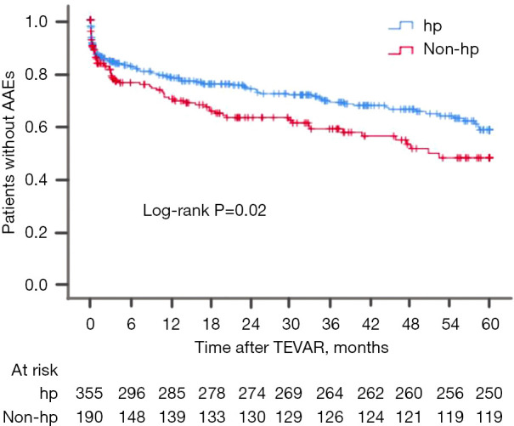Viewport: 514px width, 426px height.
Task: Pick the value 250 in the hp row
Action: click(490, 395)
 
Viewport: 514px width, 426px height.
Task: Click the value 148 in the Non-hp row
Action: click(130, 417)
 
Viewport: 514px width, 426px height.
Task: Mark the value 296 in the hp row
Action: click(130, 395)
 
